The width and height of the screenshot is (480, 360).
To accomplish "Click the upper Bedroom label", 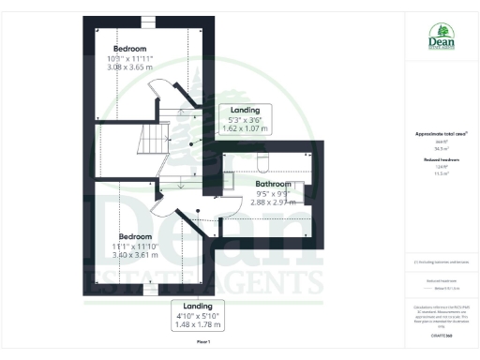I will click(x=130, y=49).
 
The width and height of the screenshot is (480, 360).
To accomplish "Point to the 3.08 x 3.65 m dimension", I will click(x=129, y=68).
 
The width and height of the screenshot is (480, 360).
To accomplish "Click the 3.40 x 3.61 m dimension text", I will click(x=130, y=257).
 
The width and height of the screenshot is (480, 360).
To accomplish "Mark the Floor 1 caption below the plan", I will click(x=202, y=343).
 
